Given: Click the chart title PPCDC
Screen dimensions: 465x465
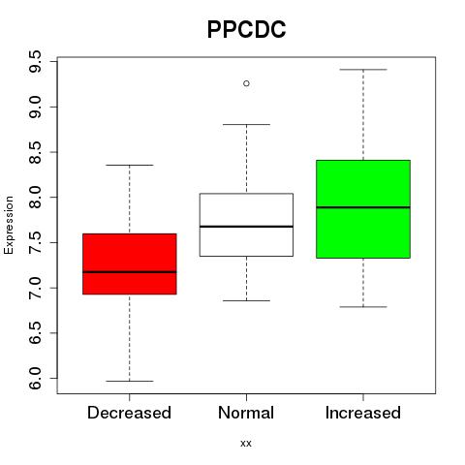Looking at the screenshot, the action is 246,29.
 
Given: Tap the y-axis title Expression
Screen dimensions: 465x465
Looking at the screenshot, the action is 9,225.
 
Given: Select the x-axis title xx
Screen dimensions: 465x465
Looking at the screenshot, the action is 246,443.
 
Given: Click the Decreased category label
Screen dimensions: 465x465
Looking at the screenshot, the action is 129,413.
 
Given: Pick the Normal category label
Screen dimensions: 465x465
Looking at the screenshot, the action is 246,413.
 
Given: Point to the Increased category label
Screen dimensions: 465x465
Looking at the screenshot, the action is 363,413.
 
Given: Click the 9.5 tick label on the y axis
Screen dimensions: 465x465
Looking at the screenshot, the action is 35,61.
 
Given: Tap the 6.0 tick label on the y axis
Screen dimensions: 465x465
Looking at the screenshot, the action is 35,378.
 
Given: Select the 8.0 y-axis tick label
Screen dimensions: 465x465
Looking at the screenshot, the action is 35,197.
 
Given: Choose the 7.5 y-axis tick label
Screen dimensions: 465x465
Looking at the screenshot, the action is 35,242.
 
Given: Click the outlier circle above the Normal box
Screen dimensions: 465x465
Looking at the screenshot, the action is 246,83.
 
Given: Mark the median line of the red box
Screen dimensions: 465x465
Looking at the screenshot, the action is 130,272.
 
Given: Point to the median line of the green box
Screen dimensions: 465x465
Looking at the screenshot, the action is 363,207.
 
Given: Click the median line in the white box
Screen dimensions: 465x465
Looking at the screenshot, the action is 246,227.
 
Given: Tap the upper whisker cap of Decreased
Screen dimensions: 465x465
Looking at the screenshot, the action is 130,165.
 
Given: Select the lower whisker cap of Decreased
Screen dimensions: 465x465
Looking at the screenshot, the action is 130,381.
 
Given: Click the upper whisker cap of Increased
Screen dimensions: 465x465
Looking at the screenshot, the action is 363,70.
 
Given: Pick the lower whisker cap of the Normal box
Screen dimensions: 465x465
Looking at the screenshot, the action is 246,300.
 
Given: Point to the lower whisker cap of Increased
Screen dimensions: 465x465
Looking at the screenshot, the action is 363,307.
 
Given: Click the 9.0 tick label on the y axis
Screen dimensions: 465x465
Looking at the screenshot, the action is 35,107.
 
